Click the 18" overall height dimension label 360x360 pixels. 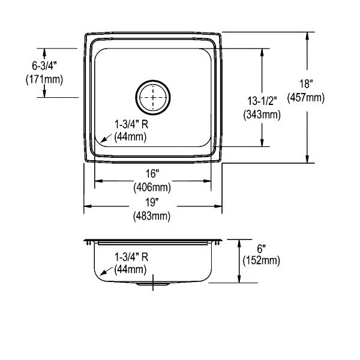tap(306, 84)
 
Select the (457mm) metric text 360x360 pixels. tap(306, 98)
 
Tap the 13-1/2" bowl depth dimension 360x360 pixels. tap(262, 101)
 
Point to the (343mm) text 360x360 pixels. tap(262, 115)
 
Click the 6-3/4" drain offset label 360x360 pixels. tap(44, 66)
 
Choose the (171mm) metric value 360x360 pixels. tap(44, 80)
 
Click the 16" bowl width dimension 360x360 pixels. tap(152, 174)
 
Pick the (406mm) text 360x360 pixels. tap(152, 187)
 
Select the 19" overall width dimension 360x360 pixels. tap(152, 203)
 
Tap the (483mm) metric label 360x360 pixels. tap(152, 216)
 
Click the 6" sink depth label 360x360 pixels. tap(262, 249)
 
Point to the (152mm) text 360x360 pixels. tap(262, 260)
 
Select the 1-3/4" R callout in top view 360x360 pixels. tap(131, 125)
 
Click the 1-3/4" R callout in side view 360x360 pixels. tap(131, 257)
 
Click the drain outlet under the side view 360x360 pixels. tap(153, 284)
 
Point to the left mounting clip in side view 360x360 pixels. tap(88, 243)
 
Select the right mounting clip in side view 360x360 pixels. tap(217, 243)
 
